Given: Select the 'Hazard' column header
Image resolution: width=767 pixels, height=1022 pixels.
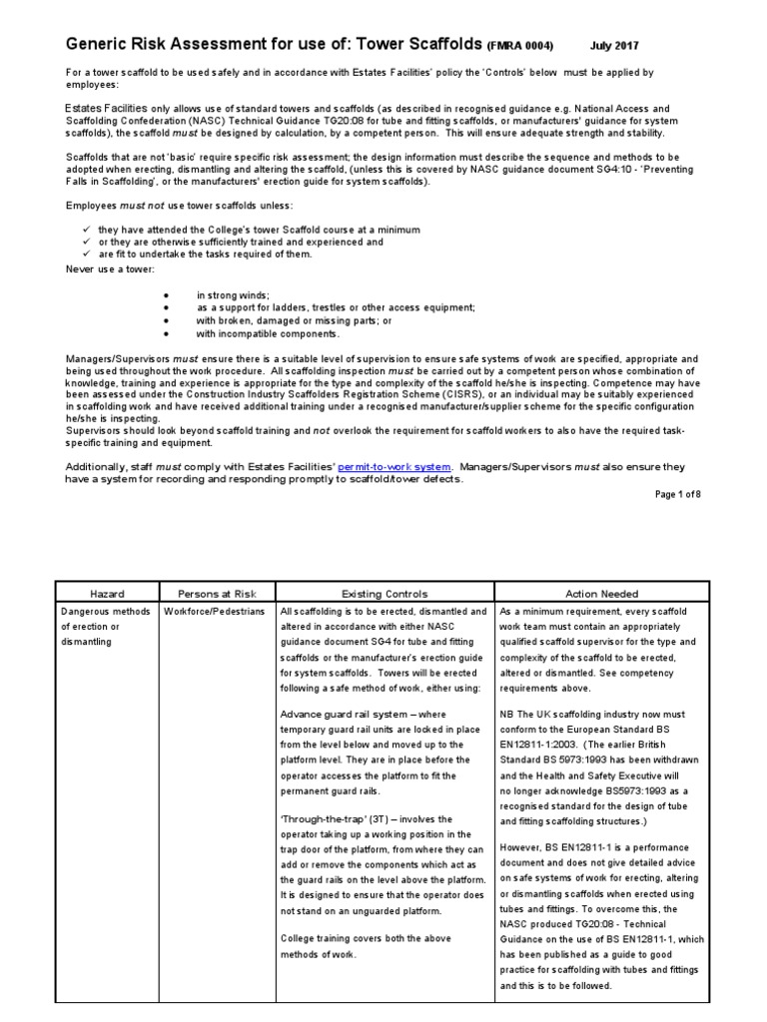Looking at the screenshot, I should tap(107, 593).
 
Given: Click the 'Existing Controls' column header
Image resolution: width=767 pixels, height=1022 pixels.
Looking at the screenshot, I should tap(383, 593).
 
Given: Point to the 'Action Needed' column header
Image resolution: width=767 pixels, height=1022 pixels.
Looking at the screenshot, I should tap(601, 593).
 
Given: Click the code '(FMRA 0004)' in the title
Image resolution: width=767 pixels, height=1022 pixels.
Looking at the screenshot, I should tap(519, 46).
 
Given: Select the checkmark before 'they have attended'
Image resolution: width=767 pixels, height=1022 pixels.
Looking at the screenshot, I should tap(87, 230).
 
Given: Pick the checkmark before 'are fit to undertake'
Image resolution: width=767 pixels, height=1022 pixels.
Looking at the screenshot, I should tap(87, 255).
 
